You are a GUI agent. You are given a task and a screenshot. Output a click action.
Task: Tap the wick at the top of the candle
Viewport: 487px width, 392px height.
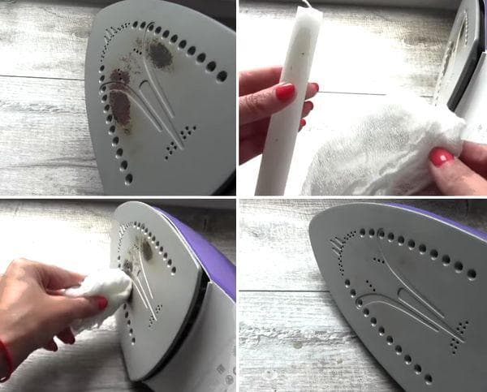click(307, 4)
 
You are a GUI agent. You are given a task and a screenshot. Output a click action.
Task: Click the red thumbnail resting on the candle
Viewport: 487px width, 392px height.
click(285, 92)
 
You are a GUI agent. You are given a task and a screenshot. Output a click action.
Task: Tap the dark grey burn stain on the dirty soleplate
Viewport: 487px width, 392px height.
click(159, 54)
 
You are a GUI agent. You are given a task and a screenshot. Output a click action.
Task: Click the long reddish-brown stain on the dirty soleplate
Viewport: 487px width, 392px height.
click(121, 106)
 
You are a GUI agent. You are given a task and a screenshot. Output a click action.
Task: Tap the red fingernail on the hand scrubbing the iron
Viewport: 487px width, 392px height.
click(101, 303)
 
